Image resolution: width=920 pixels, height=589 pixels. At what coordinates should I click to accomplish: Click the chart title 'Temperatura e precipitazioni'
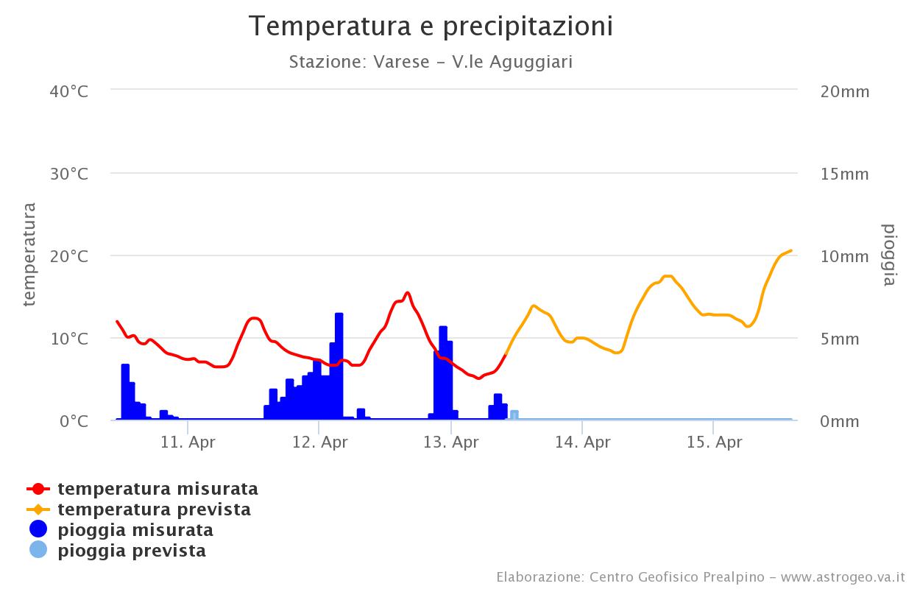[431, 27]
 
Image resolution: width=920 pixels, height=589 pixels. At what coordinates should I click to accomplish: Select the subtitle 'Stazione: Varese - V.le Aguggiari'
[431, 62]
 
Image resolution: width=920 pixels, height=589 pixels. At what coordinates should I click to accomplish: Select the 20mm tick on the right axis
[845, 91]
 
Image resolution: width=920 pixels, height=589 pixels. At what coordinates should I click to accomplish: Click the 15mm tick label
[845, 174]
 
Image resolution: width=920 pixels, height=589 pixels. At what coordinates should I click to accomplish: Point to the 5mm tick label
[840, 339]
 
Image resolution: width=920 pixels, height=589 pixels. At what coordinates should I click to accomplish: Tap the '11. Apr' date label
[188, 442]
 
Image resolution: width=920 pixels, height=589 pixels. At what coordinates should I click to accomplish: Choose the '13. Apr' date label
[451, 442]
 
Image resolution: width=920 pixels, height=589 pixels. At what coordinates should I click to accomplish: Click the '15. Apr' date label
[714, 442]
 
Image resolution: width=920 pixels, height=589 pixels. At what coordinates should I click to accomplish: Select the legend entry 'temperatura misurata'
[158, 489]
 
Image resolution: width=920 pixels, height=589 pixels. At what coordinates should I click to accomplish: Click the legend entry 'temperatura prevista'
[154, 509]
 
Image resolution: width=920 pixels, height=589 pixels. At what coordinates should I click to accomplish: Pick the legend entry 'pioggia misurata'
[135, 530]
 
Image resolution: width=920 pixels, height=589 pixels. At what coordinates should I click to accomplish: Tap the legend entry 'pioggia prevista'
[132, 551]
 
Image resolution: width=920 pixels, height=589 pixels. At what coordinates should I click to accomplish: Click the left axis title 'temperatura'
[29, 254]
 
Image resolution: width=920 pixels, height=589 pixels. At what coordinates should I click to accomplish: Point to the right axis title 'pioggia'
[889, 254]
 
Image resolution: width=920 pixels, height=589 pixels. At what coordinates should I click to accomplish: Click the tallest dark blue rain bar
[339, 368]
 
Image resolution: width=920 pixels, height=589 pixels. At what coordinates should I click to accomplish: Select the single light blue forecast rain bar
[514, 415]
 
